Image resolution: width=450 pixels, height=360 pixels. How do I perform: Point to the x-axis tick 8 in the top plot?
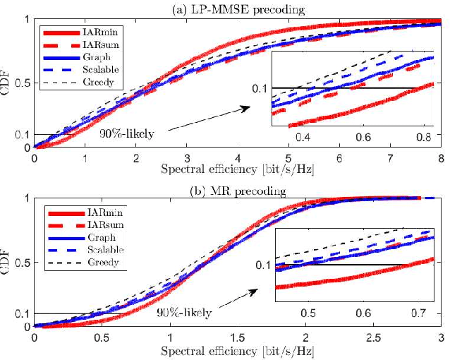(x=440, y=158)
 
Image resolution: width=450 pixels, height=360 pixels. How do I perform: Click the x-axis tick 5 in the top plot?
(x=288, y=158)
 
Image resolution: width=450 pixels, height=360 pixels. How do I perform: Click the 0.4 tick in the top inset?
(x=304, y=135)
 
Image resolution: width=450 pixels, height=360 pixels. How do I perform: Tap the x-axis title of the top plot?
(x=237, y=170)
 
